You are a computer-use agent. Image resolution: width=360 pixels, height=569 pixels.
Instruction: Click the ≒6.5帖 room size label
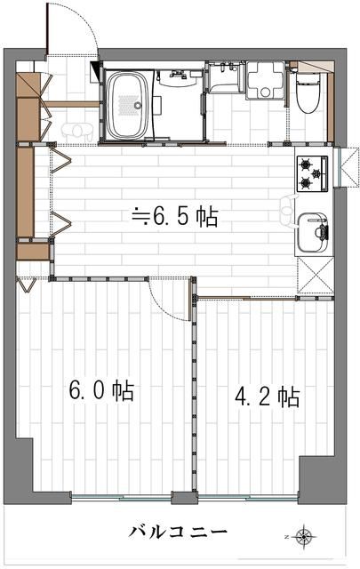pyautogui.click(x=174, y=215)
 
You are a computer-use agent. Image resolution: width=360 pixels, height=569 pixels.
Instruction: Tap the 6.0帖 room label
pyautogui.click(x=101, y=390)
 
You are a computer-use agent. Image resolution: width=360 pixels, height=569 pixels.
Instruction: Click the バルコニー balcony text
pyautogui.click(x=178, y=532)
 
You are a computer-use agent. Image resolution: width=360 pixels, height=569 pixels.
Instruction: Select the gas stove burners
pyautogui.click(x=308, y=172)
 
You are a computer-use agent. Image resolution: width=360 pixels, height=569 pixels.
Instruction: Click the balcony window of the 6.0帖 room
pyautogui.click(x=122, y=495)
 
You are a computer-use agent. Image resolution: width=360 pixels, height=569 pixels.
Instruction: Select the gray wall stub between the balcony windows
pyautogui.click(x=184, y=498)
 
